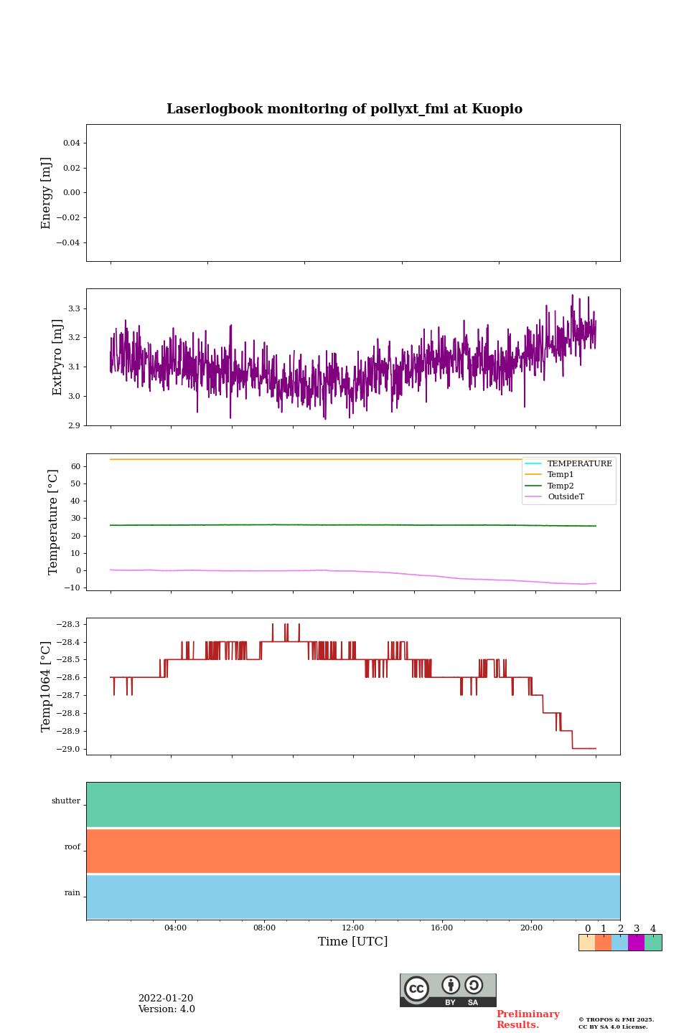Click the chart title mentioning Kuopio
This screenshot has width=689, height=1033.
point(344,109)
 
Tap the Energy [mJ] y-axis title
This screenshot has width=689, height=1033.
point(47,193)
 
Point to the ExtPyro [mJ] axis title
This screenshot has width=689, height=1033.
point(57,357)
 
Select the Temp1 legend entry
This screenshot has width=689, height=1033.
point(561,475)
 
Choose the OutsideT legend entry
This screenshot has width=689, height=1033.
point(566,497)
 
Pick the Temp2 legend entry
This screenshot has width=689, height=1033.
point(561,486)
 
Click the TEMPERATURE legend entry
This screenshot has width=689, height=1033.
point(579,464)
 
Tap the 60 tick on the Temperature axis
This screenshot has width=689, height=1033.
point(75,466)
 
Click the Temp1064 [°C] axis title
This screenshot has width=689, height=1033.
point(47,687)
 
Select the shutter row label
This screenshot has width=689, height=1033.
point(66,801)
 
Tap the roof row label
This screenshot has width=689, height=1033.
point(72,847)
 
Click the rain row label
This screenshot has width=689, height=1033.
point(72,893)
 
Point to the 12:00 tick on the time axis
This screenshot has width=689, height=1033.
point(353,928)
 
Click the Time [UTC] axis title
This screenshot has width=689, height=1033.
point(353,941)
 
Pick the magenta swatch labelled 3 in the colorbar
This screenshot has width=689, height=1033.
point(636,943)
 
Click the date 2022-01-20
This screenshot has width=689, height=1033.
point(166,999)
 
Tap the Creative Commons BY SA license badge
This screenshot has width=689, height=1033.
point(448,990)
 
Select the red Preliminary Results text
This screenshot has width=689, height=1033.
point(528,1019)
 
